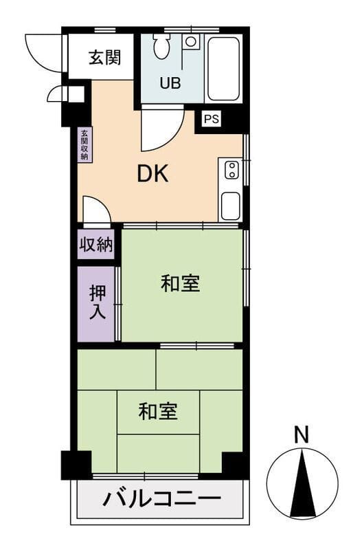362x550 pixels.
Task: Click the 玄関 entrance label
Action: point(104,58)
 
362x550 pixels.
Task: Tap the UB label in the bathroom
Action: point(170,83)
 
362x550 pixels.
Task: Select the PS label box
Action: point(212,119)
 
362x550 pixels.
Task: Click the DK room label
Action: point(152,174)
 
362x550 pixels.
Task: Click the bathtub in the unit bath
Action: point(224,69)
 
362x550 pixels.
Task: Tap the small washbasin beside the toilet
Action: point(191,41)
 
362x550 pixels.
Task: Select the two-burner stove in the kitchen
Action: point(232,170)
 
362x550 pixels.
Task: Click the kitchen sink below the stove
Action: point(231,206)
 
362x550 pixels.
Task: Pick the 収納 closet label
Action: point(96,244)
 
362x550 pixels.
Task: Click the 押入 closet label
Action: point(98,302)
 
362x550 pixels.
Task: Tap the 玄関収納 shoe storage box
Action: point(84,145)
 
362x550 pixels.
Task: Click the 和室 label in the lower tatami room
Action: point(158,411)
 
